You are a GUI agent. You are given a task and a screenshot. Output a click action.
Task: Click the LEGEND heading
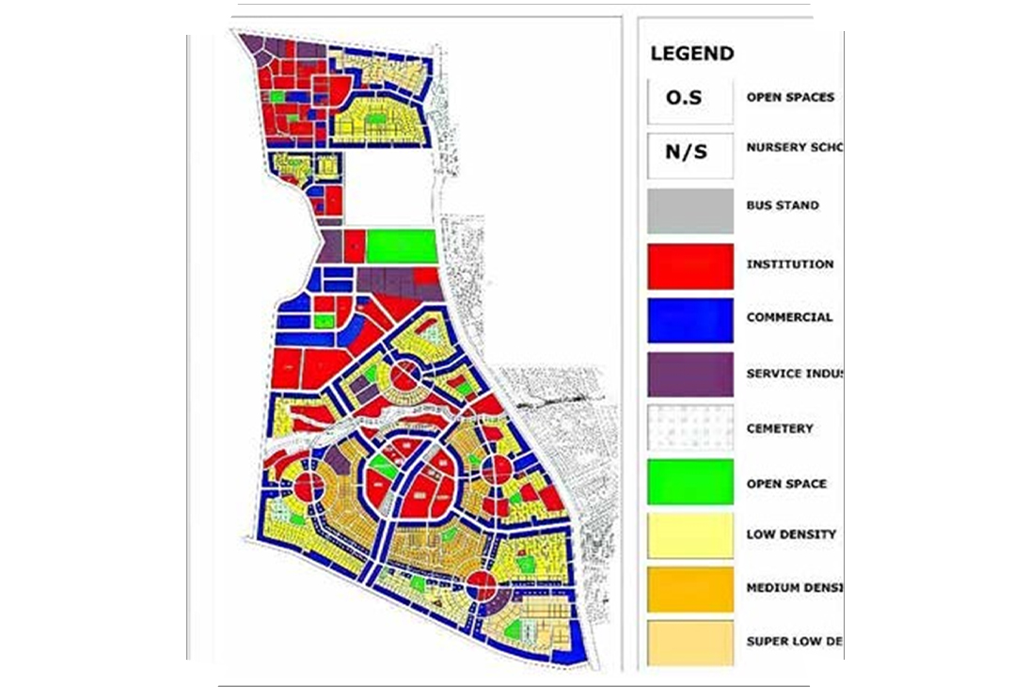coord(691,54)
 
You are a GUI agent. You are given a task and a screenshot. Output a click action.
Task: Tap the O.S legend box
coord(690,97)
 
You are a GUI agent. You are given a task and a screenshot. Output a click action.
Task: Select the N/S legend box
coord(690,151)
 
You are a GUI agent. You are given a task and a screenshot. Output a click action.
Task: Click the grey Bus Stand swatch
coord(690,210)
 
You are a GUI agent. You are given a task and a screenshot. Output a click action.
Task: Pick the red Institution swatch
coord(690,265)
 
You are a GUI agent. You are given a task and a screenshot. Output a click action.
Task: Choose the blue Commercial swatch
coord(690,319)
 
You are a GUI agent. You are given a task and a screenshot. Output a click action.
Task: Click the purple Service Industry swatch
coord(690,374)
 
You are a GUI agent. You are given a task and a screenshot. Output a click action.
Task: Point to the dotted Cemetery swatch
coord(690,428)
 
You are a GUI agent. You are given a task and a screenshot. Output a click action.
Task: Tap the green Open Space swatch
coord(690,483)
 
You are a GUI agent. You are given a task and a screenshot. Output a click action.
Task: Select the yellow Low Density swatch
coord(690,535)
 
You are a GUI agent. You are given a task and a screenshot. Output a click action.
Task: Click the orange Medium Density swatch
coord(690,589)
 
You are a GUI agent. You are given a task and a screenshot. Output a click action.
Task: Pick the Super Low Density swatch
coord(690,642)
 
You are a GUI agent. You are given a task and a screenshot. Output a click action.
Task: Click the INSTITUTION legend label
coord(790,264)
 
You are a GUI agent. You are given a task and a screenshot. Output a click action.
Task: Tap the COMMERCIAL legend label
coord(789,318)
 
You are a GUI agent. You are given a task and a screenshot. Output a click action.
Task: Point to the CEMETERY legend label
coord(780,428)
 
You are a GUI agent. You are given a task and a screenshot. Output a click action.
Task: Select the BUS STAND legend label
coord(783,205)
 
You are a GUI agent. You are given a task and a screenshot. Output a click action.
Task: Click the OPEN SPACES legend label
coord(790,97)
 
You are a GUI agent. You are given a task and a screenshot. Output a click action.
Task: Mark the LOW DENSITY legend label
coord(791,535)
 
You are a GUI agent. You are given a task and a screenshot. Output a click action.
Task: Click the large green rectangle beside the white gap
coord(402,247)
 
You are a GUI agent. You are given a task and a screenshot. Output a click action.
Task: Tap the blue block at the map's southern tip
coord(567,651)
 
